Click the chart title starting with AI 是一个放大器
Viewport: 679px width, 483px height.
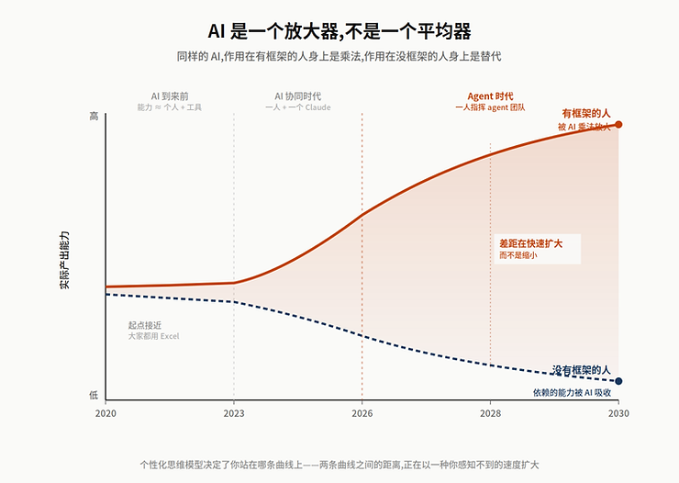[339, 32]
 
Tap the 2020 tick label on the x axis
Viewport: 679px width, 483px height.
[106, 413]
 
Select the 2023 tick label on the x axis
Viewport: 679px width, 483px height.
[234, 413]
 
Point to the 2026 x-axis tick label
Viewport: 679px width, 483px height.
[362, 413]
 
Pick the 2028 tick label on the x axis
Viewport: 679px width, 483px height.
[490, 413]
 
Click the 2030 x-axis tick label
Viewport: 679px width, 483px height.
[618, 413]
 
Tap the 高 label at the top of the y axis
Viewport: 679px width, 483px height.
[94, 117]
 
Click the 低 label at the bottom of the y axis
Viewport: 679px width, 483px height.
[94, 395]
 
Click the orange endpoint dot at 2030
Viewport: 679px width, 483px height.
[618, 124]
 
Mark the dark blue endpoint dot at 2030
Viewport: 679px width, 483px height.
[618, 381]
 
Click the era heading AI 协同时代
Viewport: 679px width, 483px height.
[297, 95]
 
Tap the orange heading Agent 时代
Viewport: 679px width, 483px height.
[490, 95]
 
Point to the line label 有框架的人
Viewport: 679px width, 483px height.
[585, 113]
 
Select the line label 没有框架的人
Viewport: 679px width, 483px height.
[581, 370]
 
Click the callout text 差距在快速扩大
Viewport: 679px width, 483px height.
[530, 242]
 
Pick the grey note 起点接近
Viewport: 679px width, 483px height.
[145, 325]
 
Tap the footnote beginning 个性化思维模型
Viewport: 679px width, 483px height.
[339, 464]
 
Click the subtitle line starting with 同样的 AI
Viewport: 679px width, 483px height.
[339, 56]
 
